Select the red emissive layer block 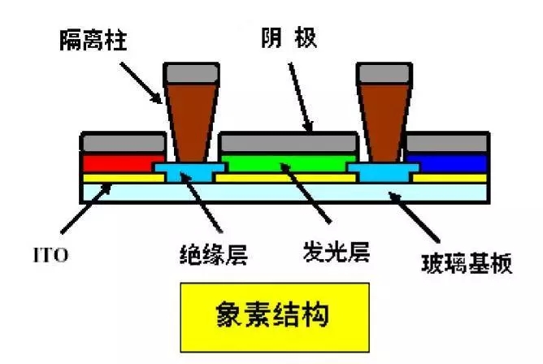[118, 162]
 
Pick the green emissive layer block [289, 162]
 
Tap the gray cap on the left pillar [192, 73]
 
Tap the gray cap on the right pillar [383, 73]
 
